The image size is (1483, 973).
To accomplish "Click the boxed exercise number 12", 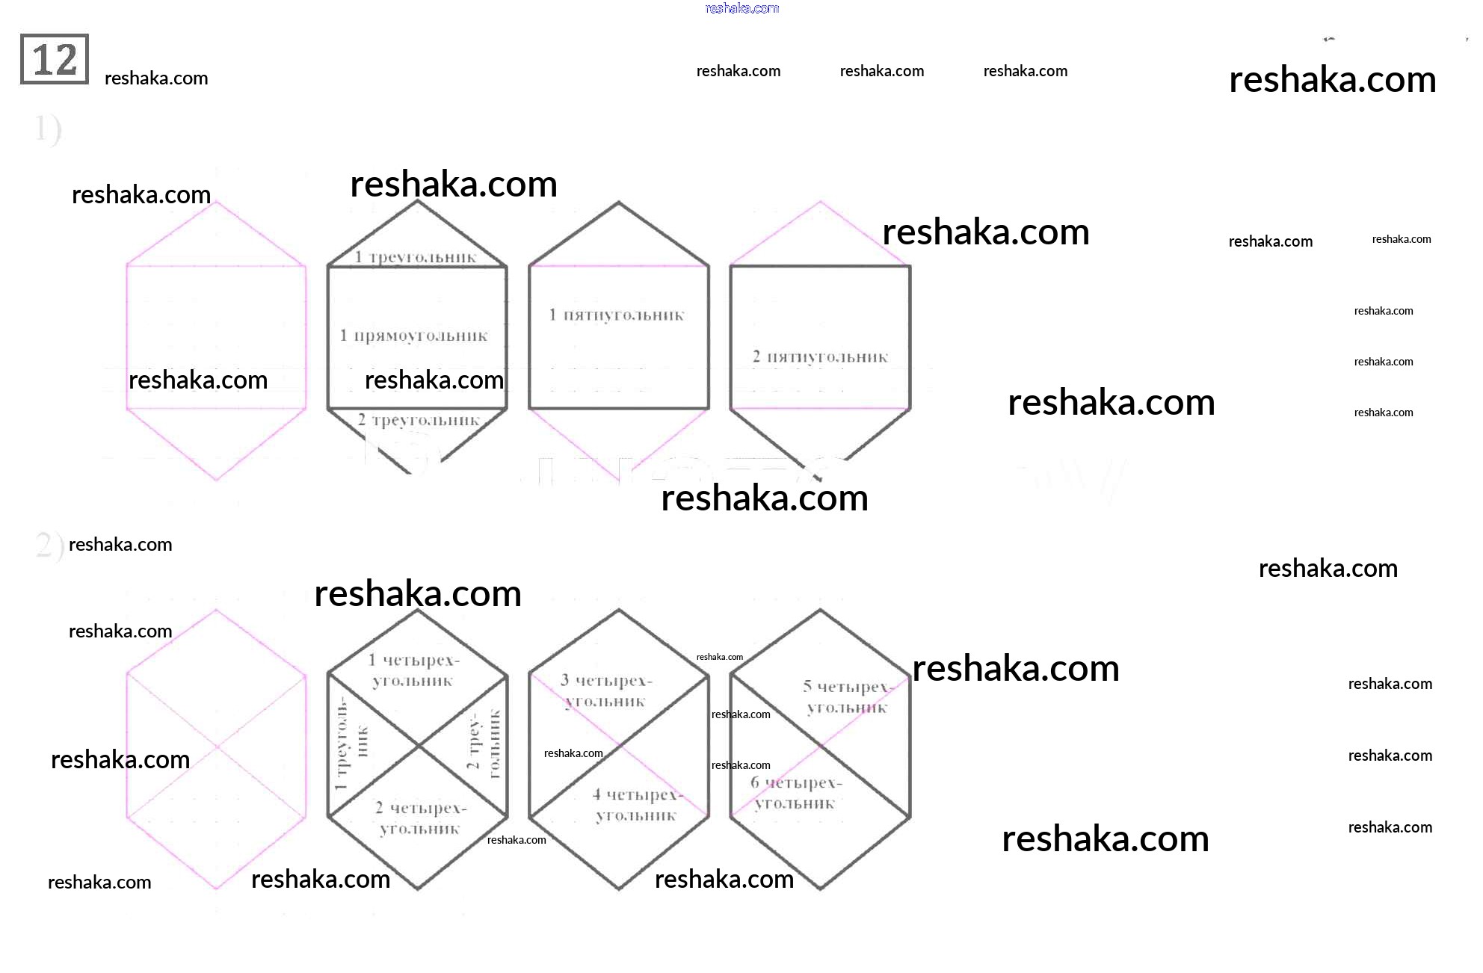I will click(x=55, y=59).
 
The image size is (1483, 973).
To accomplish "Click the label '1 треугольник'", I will click(x=416, y=257).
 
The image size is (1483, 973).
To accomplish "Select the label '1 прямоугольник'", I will click(x=414, y=336).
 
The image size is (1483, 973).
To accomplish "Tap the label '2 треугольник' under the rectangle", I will click(x=419, y=420).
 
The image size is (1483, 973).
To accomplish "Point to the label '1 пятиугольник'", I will click(x=617, y=315).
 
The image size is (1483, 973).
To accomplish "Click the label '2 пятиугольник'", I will click(x=820, y=356).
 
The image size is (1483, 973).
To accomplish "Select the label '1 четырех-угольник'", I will click(x=413, y=670).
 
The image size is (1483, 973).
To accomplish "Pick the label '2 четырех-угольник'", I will click(x=420, y=818).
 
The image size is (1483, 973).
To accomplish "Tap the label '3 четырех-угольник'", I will click(x=606, y=691).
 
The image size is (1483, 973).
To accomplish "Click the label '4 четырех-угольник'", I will click(x=638, y=805).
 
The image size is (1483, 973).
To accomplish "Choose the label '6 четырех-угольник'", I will click(x=796, y=793).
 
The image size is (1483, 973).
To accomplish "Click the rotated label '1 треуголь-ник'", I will click(x=351, y=744).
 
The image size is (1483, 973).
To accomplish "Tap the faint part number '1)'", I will click(x=47, y=129).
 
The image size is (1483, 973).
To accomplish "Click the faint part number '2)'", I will click(x=48, y=545).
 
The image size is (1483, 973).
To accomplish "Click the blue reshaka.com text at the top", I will click(x=741, y=8).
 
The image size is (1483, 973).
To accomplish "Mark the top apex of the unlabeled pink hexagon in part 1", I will click(x=216, y=202).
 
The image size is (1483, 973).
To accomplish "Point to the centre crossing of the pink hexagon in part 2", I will click(x=217, y=746).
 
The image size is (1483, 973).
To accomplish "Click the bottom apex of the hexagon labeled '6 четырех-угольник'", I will click(x=820, y=889).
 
